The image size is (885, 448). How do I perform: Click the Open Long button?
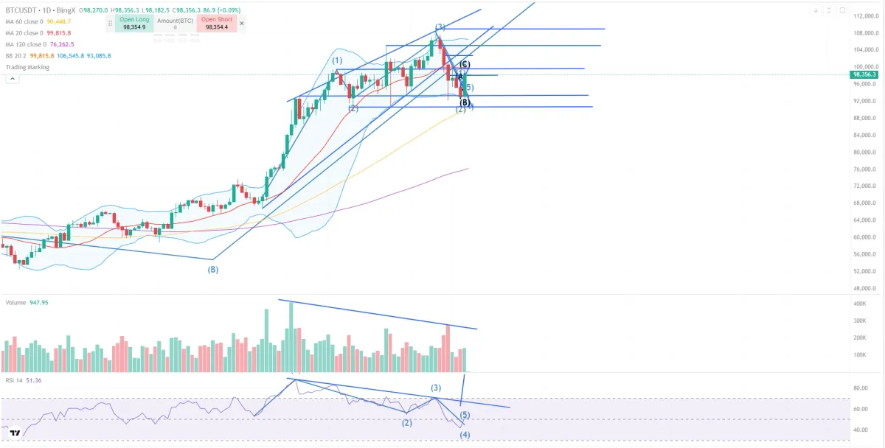(x=134, y=23)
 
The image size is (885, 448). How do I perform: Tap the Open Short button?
(x=216, y=23)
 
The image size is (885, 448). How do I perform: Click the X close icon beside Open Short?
(x=242, y=23)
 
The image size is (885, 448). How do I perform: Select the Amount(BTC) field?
(x=175, y=23)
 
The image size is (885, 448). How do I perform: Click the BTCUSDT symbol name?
(x=22, y=11)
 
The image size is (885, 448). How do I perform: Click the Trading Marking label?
(x=27, y=67)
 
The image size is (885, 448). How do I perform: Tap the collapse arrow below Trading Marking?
(x=12, y=78)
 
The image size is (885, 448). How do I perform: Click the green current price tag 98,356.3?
(x=864, y=74)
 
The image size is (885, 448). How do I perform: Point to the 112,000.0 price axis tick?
(x=864, y=16)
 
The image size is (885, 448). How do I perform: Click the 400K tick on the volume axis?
(x=860, y=304)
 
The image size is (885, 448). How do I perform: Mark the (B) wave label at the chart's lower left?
(x=213, y=270)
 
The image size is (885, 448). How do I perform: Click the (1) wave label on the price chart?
(x=336, y=60)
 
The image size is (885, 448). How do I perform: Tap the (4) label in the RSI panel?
(x=465, y=435)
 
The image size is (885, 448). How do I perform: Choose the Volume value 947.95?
(x=39, y=303)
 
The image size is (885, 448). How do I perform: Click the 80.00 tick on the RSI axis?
(x=860, y=388)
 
